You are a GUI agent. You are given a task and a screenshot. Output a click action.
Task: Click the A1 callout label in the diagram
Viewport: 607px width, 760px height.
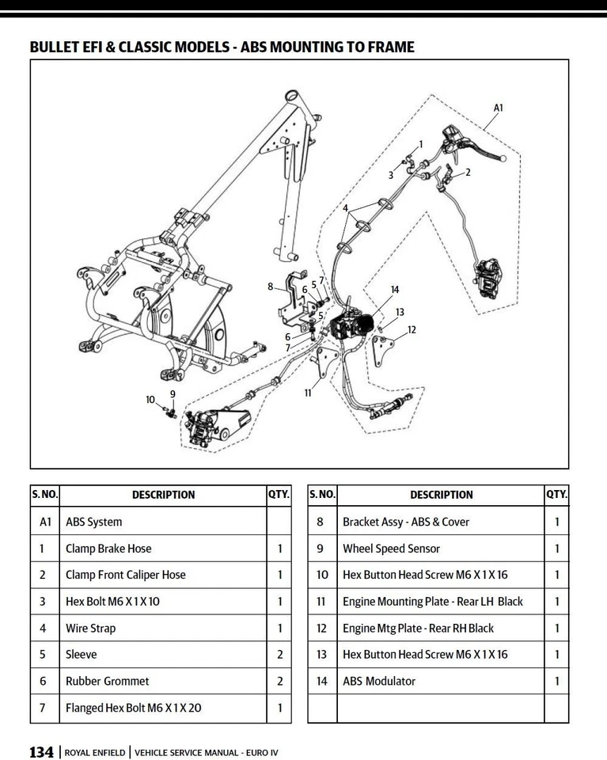pyautogui.click(x=498, y=108)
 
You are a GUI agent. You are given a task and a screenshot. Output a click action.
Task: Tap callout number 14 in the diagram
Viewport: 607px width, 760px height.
pyautogui.click(x=394, y=291)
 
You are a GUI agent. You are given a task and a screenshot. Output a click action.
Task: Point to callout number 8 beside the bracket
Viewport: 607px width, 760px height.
pyautogui.click(x=271, y=287)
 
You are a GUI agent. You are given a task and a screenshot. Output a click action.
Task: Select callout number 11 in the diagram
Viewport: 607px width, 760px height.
pyautogui.click(x=309, y=393)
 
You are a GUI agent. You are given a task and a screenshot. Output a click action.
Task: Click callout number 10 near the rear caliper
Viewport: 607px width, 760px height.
pyautogui.click(x=150, y=400)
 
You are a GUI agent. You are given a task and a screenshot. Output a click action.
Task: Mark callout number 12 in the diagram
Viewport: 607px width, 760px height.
pyautogui.click(x=412, y=330)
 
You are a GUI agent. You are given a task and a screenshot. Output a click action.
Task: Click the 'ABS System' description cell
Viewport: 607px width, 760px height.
pyautogui.click(x=93, y=522)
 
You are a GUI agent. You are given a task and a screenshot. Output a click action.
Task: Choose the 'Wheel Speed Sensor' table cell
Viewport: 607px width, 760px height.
pyautogui.click(x=391, y=549)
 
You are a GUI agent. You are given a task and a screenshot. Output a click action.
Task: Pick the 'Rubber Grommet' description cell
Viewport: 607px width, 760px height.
pyautogui.click(x=107, y=681)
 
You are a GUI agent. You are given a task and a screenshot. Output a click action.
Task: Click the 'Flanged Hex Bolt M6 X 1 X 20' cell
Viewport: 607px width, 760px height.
pyautogui.click(x=133, y=708)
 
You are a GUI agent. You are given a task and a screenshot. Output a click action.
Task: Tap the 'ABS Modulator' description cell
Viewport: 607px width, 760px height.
pyautogui.click(x=378, y=681)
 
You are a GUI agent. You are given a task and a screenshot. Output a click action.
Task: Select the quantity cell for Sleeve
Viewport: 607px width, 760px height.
pyautogui.click(x=279, y=655)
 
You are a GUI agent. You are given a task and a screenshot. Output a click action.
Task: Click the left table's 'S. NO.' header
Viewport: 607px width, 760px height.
pyautogui.click(x=44, y=495)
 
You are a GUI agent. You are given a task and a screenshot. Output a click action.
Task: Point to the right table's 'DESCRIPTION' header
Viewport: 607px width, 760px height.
pyautogui.click(x=441, y=495)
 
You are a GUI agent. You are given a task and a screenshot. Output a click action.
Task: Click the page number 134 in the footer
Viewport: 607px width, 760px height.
pyautogui.click(x=41, y=752)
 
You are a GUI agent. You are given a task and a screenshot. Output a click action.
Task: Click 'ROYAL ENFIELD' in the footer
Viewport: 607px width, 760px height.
pyautogui.click(x=94, y=753)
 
